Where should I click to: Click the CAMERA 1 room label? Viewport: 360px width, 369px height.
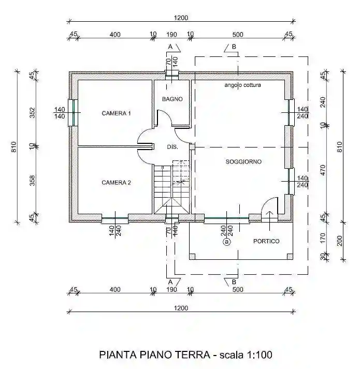pyautogui.click(x=116, y=113)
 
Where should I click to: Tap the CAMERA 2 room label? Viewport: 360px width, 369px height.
pyautogui.click(x=116, y=182)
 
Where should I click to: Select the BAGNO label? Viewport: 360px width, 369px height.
pyautogui.click(x=172, y=99)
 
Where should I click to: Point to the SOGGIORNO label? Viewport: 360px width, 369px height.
pyautogui.click(x=243, y=162)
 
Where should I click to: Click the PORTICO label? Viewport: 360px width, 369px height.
pyautogui.click(x=266, y=241)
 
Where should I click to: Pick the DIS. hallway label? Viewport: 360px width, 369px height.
pyautogui.click(x=172, y=147)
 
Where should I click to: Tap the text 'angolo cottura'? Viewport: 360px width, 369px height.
pyautogui.click(x=242, y=85)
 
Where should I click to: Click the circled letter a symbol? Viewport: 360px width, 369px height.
pyautogui.click(x=226, y=241)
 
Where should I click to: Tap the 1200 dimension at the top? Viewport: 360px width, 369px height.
pyautogui.click(x=181, y=18)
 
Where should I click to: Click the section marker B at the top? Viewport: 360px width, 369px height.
pyautogui.click(x=234, y=48)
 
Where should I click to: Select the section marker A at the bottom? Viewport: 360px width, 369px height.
pyautogui.click(x=169, y=281)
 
